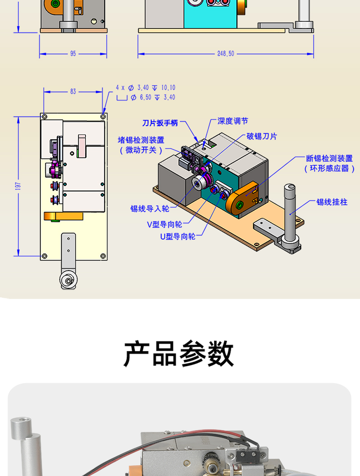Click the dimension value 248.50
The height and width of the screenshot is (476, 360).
click(225, 54)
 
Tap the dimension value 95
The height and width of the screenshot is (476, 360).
click(73, 54)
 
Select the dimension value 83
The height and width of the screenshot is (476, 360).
click(73, 91)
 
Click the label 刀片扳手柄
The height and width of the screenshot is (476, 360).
click(160, 123)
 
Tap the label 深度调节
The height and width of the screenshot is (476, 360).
click(233, 121)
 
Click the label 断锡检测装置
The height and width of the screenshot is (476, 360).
click(329, 159)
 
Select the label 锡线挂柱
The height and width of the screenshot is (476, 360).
click(332, 202)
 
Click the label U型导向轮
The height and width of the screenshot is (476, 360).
click(178, 236)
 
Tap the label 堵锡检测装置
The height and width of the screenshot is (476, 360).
click(141, 140)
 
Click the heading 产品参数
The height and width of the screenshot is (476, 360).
click(179, 354)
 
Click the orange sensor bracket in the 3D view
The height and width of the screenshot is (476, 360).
click(243, 198)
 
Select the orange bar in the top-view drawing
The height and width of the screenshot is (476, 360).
click(63, 217)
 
